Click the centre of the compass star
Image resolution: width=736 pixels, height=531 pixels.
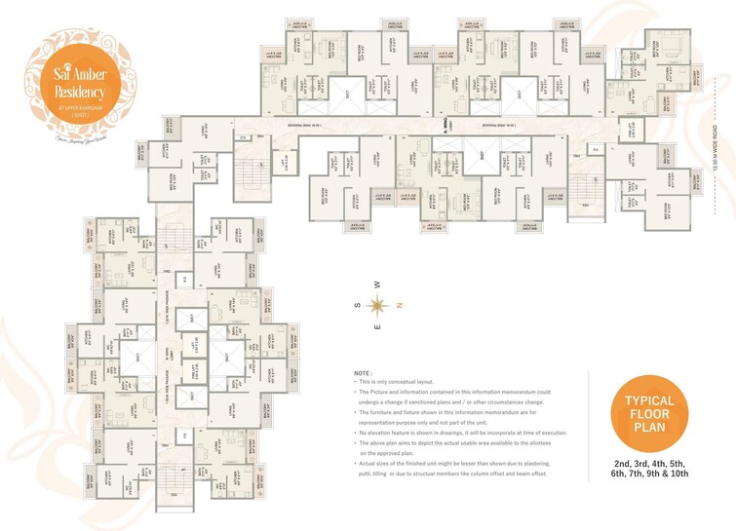[x=379, y=305]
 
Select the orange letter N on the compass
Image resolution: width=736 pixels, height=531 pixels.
[x=400, y=305]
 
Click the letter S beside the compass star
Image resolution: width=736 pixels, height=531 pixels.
[x=358, y=305]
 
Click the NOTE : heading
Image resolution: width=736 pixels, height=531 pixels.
[x=363, y=373]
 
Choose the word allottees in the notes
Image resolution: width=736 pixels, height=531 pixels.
[x=554, y=442]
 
